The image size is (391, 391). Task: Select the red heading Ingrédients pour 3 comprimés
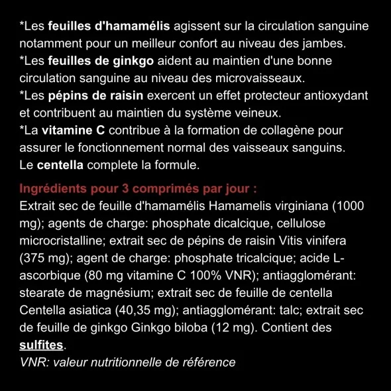coord(138,188)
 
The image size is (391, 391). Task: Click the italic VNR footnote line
coord(128,363)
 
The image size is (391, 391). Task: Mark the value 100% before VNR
coord(186,275)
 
